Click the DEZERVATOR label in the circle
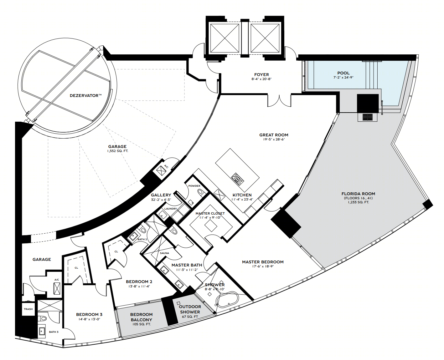click(x=86, y=96)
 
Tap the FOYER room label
click(x=261, y=74)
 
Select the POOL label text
click(x=343, y=73)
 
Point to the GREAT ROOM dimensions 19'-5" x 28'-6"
click(x=274, y=139)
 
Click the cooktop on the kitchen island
click(x=237, y=179)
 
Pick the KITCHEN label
click(x=242, y=195)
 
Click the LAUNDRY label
click(x=171, y=209)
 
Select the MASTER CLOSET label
click(x=210, y=213)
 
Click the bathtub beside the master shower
click(x=227, y=300)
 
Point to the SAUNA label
click(x=164, y=253)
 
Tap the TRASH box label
click(x=28, y=309)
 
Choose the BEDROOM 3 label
click(x=89, y=314)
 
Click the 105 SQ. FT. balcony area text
click(x=141, y=324)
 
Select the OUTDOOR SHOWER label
click(x=190, y=309)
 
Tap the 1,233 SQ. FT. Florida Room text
click(x=358, y=202)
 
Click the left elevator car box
click(x=225, y=38)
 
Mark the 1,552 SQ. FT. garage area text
click(x=117, y=151)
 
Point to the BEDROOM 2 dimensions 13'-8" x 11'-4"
click(x=139, y=286)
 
